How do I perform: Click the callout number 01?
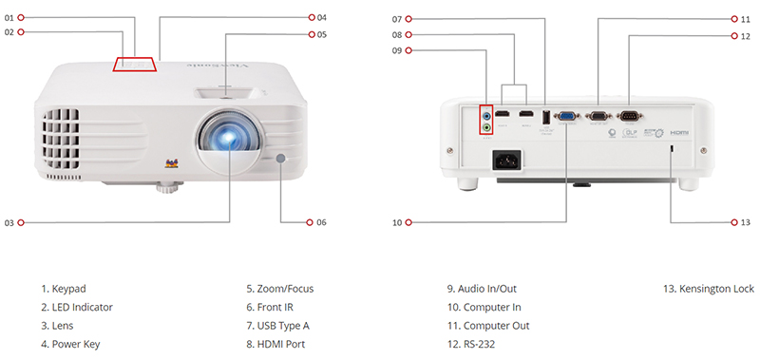(10, 17)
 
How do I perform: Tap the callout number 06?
(321, 222)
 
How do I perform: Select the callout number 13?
(745, 222)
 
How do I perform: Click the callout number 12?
(746, 35)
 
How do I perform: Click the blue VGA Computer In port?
(566, 117)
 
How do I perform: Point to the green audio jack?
(487, 125)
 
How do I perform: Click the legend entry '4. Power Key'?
(70, 345)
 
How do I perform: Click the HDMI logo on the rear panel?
(677, 134)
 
